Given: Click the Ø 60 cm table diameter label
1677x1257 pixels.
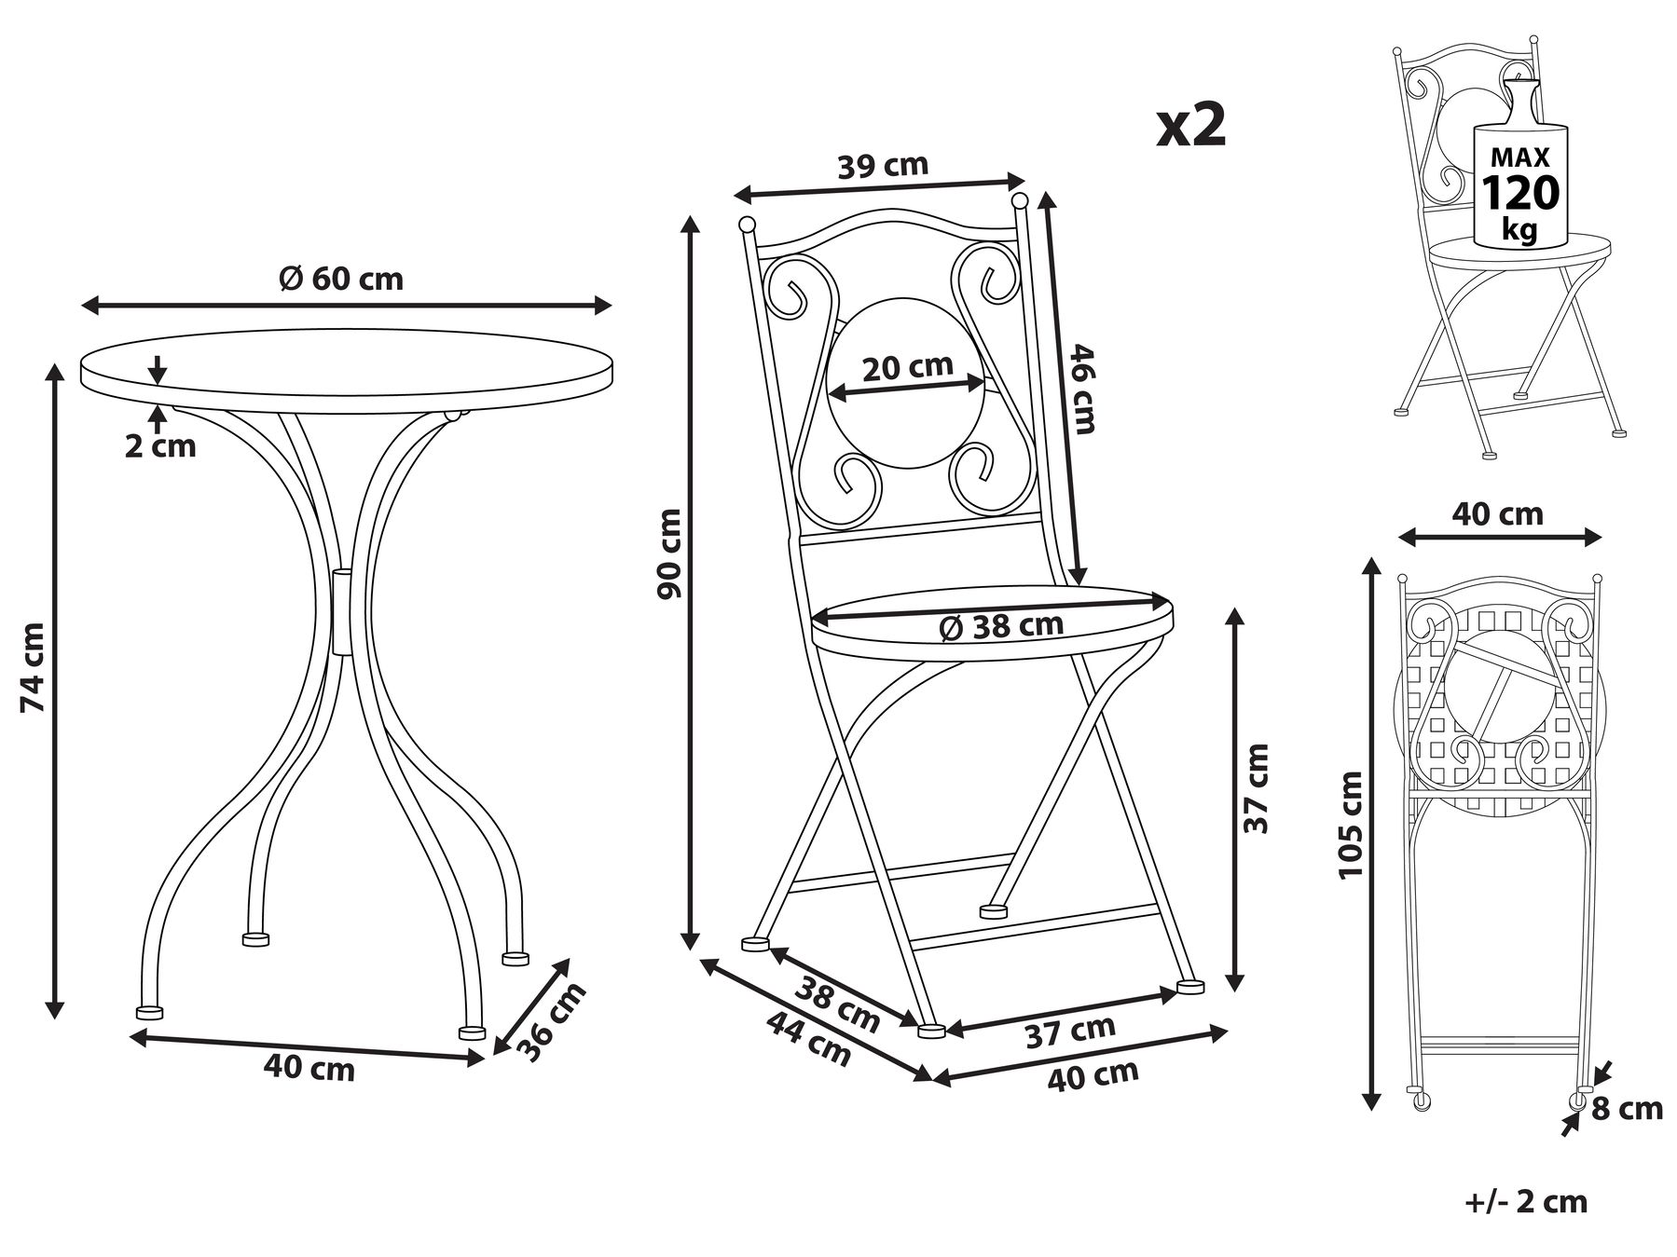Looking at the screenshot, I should [x=343, y=279].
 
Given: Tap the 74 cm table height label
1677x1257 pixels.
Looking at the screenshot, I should [x=34, y=666].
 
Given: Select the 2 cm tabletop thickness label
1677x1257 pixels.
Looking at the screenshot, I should [x=161, y=446].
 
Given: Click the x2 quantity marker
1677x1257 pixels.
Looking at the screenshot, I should [x=1190, y=127].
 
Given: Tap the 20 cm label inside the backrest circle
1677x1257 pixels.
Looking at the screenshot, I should [x=907, y=367].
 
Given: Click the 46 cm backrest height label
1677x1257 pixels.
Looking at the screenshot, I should [x=1082, y=389].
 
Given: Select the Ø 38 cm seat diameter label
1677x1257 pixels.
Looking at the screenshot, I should [x=1001, y=626].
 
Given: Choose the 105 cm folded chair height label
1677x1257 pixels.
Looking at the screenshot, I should [x=1350, y=824].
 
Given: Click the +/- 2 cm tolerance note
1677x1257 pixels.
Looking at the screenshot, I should [x=1525, y=1201].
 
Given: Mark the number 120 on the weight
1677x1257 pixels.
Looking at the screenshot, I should [x=1519, y=193].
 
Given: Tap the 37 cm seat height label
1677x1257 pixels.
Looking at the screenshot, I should [x=1257, y=788].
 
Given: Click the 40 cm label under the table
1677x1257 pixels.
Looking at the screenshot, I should [x=309, y=1070].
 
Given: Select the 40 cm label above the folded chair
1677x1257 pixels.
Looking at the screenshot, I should [x=1498, y=513].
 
